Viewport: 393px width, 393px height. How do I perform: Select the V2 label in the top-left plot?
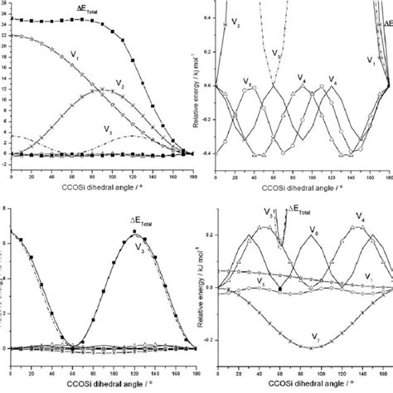[121, 86]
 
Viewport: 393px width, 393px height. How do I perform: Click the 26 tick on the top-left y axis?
[4, 10]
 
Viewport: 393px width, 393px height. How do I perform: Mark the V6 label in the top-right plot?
[333, 80]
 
